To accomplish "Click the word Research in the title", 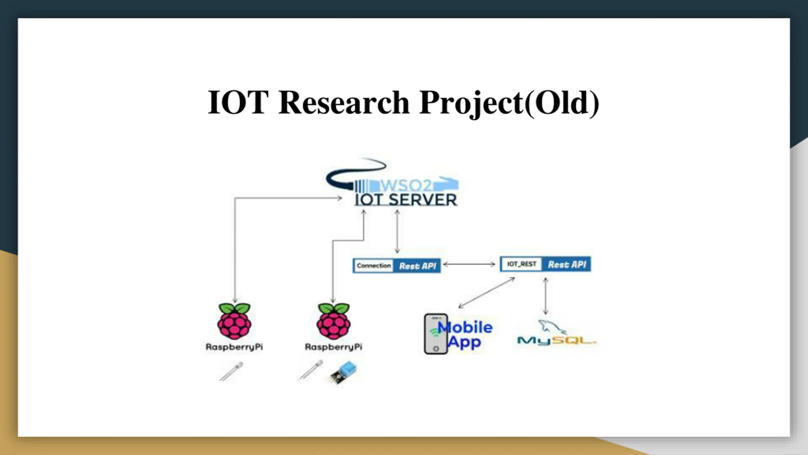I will pyautogui.click(x=344, y=103).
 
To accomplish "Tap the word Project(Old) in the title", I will pyautogui.click(x=509, y=103).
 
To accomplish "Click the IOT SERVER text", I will pyautogui.click(x=406, y=200).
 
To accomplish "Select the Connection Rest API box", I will pyautogui.click(x=396, y=266).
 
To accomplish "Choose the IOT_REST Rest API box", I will pyautogui.click(x=545, y=264).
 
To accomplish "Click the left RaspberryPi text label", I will pyautogui.click(x=234, y=347).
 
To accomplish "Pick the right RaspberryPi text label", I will pyautogui.click(x=333, y=347).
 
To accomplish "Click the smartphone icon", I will pyautogui.click(x=436, y=334).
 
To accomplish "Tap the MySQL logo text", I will pyautogui.click(x=556, y=341).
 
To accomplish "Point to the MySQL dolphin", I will pyautogui.click(x=551, y=327).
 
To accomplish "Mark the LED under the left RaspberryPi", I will pyautogui.click(x=231, y=371).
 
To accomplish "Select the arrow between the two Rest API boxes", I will pyautogui.click(x=469, y=264).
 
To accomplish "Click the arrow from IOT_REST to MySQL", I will pyautogui.click(x=545, y=296).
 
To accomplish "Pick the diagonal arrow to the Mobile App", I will pyautogui.click(x=486, y=293).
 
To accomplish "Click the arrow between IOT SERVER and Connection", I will pyautogui.click(x=397, y=232).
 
